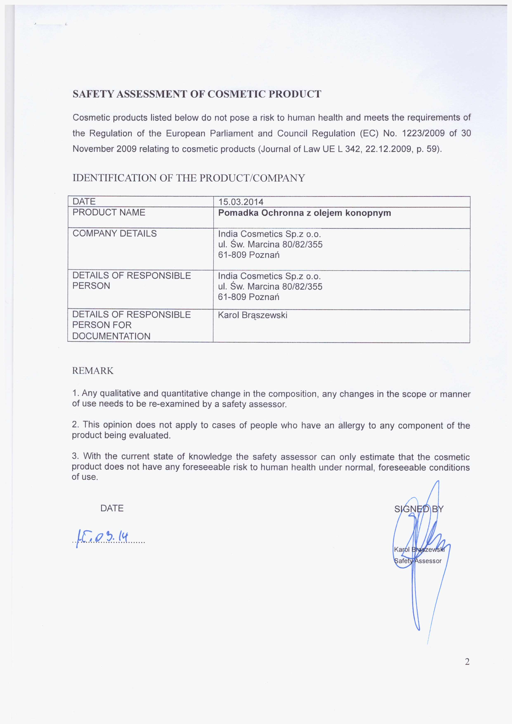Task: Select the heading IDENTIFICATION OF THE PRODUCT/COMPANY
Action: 189,178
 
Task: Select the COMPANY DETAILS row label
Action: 115,234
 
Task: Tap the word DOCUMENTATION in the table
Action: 111,336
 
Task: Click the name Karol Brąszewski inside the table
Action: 253,315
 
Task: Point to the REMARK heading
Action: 93,371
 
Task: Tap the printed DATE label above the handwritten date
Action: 112,508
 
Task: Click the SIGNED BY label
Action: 419,509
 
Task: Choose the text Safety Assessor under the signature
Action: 417,561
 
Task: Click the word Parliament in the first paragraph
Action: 231,133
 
